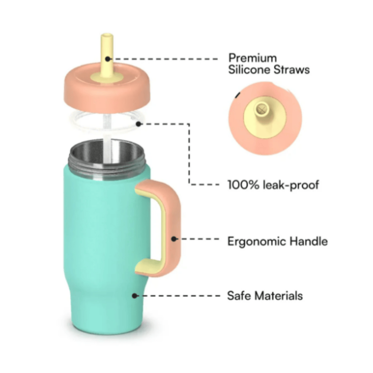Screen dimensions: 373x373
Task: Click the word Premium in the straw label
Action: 252,58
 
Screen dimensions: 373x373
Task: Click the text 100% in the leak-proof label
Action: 243,185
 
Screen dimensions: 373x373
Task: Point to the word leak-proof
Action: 291,185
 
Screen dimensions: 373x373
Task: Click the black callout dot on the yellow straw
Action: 108,58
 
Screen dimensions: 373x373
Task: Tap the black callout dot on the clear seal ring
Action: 139,124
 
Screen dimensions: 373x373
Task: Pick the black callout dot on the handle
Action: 174,239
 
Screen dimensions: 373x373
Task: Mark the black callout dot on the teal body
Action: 135,296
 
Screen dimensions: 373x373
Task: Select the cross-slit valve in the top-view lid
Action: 261,109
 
